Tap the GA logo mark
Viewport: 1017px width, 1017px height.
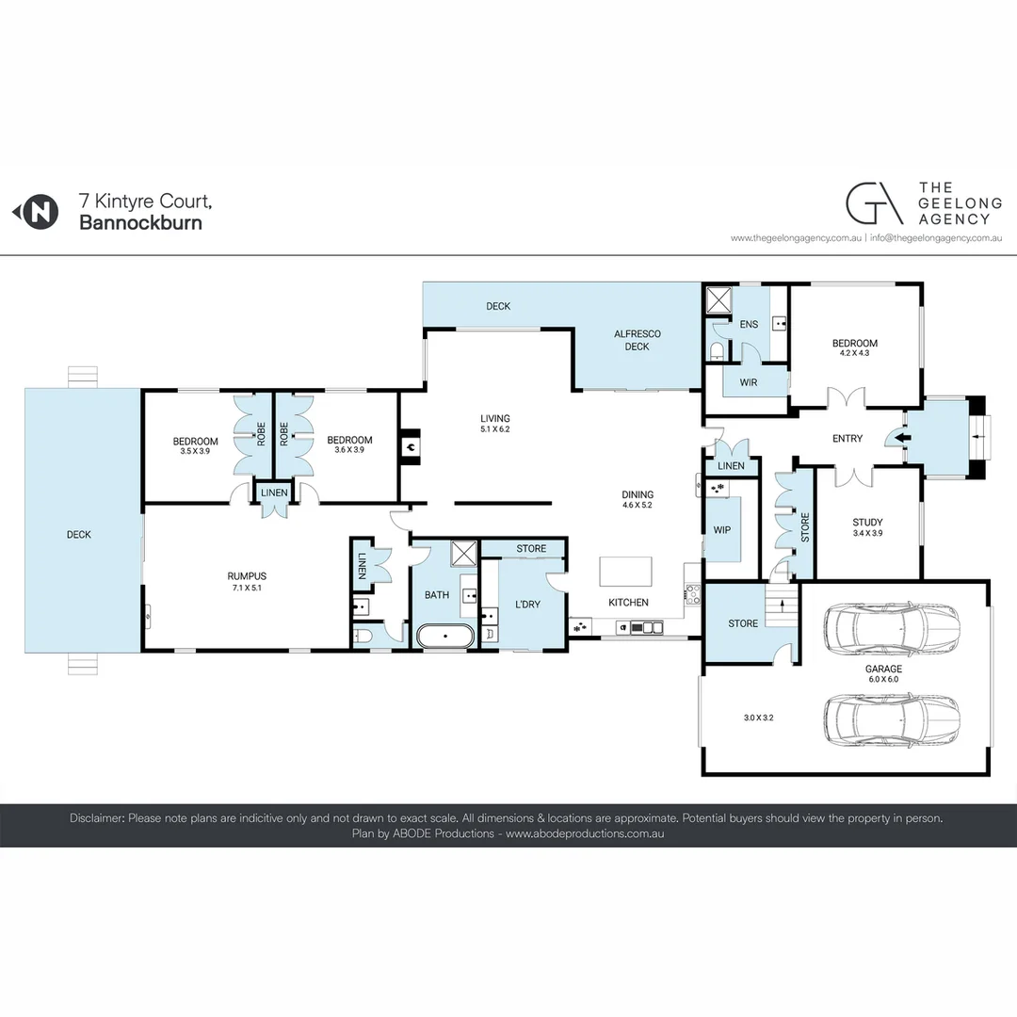click(872, 203)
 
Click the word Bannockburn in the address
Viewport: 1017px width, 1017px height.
click(140, 223)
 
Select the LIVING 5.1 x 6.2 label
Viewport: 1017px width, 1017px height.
click(494, 424)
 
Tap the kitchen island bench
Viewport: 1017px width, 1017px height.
click(626, 572)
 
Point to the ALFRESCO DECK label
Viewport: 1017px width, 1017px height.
click(638, 340)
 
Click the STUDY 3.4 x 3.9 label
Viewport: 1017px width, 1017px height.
click(867, 527)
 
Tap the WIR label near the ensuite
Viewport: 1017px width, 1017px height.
click(749, 382)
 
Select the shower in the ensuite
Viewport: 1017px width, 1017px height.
click(719, 299)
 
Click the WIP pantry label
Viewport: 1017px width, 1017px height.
click(722, 530)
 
